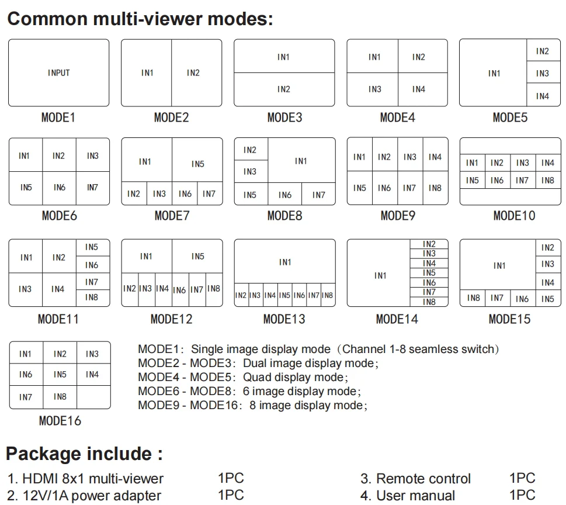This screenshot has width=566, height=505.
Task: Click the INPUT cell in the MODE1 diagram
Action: click(x=59, y=72)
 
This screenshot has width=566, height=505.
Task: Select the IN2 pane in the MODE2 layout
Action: click(x=197, y=72)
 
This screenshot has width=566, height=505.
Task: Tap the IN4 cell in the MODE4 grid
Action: click(x=423, y=89)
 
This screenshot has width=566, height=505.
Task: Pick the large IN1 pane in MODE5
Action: click(x=493, y=72)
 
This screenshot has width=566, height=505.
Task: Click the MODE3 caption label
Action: click(x=284, y=117)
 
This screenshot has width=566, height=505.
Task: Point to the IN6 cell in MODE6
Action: click(x=59, y=188)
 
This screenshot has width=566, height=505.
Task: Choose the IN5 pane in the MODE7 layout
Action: click(x=197, y=160)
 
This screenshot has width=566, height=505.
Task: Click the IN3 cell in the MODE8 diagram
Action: click(x=251, y=171)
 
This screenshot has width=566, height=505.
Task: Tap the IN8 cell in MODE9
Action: click(x=435, y=188)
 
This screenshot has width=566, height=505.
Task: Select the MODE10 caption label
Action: click(x=514, y=216)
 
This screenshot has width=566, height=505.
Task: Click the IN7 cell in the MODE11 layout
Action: click(x=93, y=282)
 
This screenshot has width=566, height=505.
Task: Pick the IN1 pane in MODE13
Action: click(x=285, y=261)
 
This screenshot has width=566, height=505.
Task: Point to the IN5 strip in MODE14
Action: click(x=429, y=273)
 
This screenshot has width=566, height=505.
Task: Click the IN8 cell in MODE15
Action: click(x=473, y=298)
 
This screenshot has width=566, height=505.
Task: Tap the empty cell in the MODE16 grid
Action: click(x=93, y=397)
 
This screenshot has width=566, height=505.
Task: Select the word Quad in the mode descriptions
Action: click(x=257, y=378)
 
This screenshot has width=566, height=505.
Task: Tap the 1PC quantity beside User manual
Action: click(x=522, y=495)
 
